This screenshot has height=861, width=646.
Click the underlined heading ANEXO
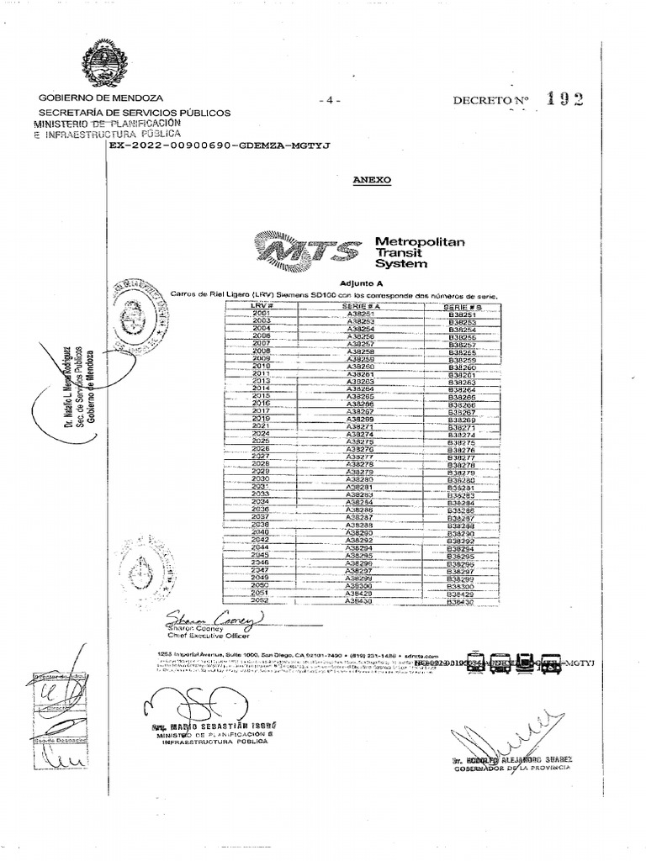(x=366, y=180)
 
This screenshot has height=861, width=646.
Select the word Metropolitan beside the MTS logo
(x=420, y=241)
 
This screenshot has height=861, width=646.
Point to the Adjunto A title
(x=361, y=283)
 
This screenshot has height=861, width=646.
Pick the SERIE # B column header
(x=462, y=306)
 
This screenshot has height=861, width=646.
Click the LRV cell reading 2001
(x=261, y=313)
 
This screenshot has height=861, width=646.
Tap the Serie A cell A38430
(x=360, y=601)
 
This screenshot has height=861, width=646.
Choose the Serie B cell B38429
(x=462, y=594)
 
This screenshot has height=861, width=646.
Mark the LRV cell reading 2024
(x=261, y=433)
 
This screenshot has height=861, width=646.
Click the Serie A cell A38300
(x=360, y=585)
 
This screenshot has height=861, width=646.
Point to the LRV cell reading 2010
(x=261, y=367)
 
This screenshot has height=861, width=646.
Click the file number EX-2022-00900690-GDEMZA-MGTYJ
(x=220, y=145)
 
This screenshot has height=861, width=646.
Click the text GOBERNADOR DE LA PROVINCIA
(x=514, y=766)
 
